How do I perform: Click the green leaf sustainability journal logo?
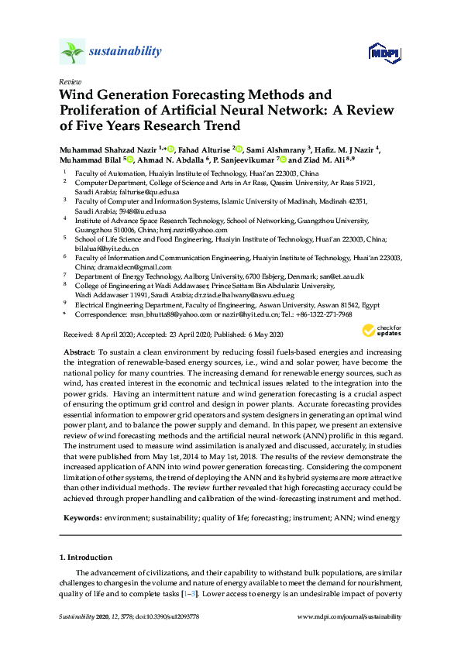(72, 51)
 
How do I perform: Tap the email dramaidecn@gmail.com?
(138, 266)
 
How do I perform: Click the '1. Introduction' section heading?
(86, 557)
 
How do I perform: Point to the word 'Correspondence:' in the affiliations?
(101, 314)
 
